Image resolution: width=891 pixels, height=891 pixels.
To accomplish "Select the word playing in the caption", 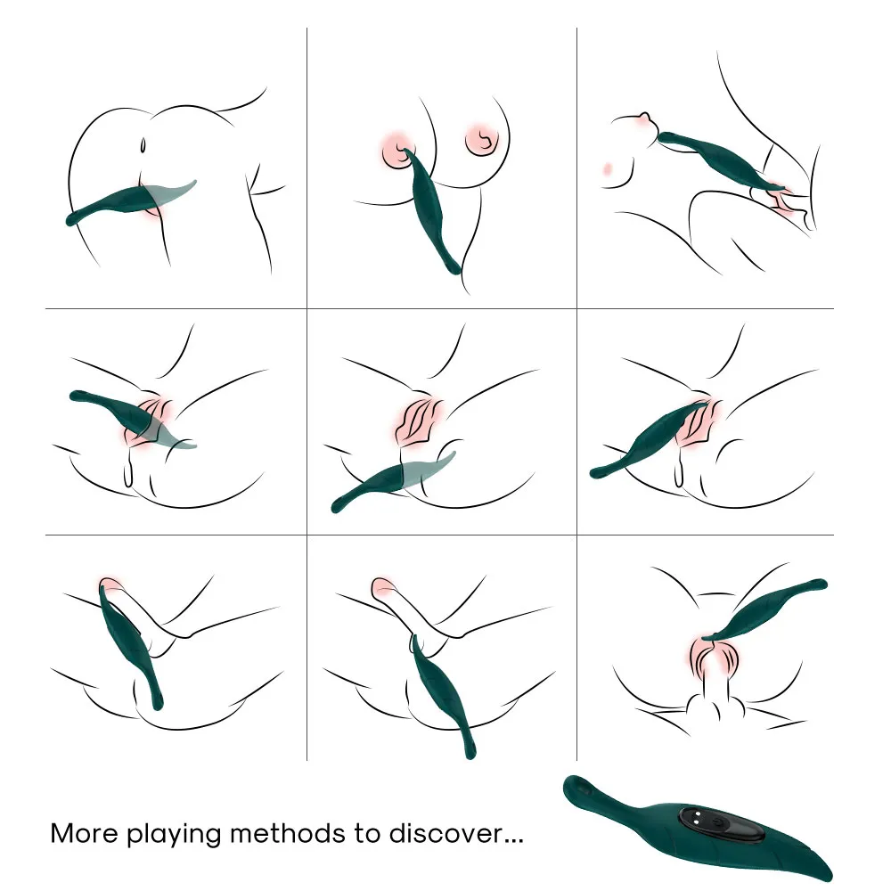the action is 174,835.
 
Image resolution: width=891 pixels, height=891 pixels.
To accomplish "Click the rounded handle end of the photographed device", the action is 576,788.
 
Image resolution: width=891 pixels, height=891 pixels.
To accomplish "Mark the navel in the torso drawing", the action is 143,145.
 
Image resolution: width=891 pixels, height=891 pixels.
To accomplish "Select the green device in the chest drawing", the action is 433,210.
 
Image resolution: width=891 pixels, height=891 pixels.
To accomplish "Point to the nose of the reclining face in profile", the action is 644,117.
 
